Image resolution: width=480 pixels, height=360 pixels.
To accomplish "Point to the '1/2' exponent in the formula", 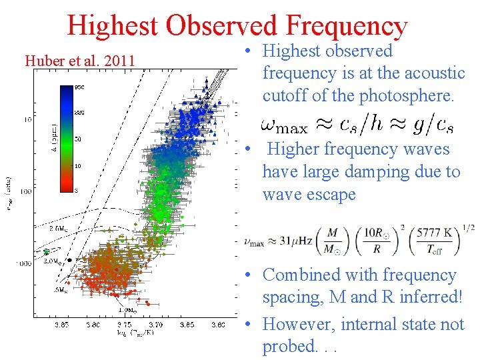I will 469,227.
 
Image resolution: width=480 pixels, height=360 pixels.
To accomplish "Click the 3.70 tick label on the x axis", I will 157,325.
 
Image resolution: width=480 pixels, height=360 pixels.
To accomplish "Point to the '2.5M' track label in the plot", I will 57,228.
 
